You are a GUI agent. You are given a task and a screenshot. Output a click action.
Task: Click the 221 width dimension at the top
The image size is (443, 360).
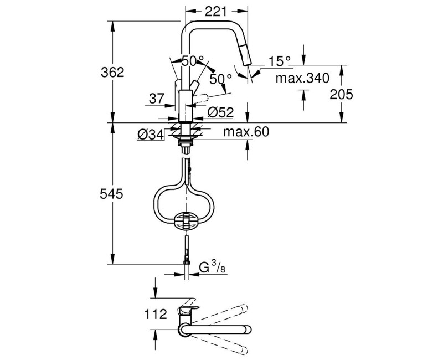[x=216, y=11]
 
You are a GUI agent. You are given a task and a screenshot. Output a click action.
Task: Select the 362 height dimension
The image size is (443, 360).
[x=112, y=73]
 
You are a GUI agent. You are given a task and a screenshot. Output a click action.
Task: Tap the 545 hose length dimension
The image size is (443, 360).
[x=112, y=194]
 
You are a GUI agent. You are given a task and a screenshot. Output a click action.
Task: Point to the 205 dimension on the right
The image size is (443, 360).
[x=341, y=94]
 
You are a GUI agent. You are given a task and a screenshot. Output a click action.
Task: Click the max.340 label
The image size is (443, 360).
[x=302, y=78]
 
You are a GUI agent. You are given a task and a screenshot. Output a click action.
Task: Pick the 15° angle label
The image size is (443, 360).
[x=280, y=61]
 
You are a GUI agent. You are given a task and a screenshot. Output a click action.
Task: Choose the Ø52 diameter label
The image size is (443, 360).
[x=220, y=112]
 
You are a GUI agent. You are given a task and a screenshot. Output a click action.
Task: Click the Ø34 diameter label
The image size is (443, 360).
[x=151, y=135]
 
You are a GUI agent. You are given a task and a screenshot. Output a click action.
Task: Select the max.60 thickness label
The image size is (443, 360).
[x=246, y=132]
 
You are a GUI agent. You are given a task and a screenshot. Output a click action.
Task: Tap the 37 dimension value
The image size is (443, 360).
[x=157, y=99]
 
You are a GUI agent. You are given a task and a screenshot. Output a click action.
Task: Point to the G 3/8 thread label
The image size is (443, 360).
[x=213, y=267]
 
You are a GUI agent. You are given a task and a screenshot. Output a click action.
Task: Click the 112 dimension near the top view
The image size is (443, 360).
[x=156, y=314]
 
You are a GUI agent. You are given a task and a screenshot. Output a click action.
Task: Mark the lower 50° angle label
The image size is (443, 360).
[x=220, y=79]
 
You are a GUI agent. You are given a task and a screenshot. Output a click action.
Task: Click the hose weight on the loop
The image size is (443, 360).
[x=186, y=220]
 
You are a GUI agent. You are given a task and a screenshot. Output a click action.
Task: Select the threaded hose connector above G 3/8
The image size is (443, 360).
[x=186, y=250]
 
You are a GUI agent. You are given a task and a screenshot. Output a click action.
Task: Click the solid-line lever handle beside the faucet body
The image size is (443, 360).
[x=194, y=85]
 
